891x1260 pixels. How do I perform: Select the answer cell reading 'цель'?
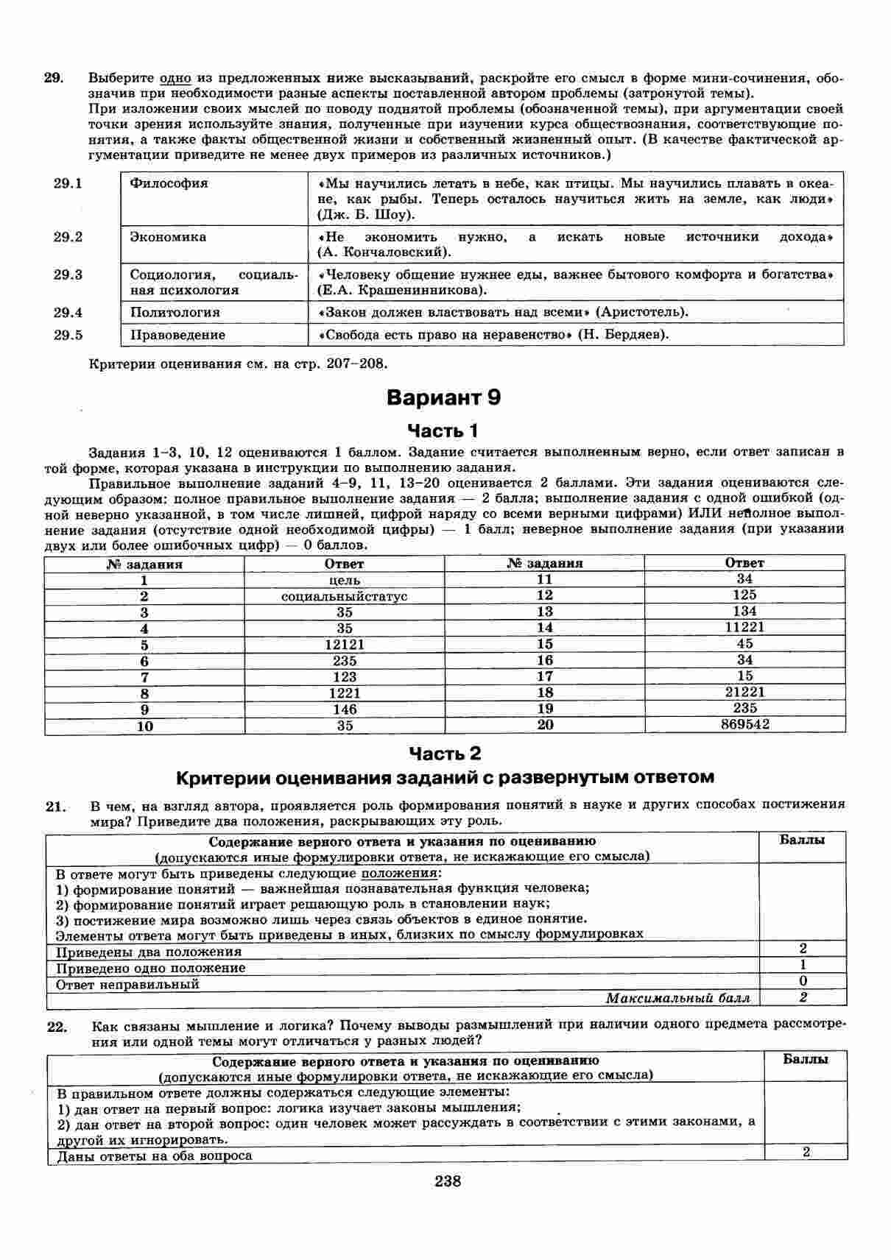[x=345, y=580]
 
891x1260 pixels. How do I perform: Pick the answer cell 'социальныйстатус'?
[x=345, y=596]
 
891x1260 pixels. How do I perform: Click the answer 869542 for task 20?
[x=744, y=724]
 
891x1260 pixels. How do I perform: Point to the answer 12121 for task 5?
[x=345, y=645]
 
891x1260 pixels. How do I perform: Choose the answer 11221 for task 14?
[x=744, y=627]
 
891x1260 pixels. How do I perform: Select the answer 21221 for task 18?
[x=744, y=692]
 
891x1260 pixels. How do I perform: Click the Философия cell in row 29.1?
[x=169, y=183]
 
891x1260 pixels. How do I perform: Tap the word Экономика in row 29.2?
[x=168, y=237]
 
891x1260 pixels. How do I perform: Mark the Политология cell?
[x=175, y=312]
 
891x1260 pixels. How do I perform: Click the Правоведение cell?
[x=177, y=335]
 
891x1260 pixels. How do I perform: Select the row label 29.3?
[x=68, y=275]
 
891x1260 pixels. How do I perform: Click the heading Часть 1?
[x=443, y=430]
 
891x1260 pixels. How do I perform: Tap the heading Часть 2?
[x=445, y=753]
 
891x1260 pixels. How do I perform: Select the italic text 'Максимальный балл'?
[x=677, y=998]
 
